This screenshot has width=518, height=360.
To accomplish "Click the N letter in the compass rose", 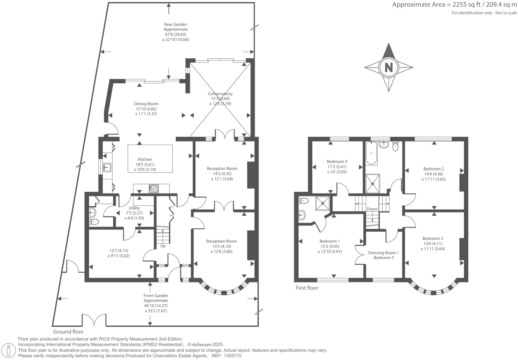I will click(x=389, y=67).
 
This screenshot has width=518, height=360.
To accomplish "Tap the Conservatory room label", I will click(x=220, y=94).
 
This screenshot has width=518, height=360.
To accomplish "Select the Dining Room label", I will click(x=146, y=104).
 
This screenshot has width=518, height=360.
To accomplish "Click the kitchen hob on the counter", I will click(x=154, y=189).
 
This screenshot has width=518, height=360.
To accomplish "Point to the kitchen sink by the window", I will click(x=107, y=167).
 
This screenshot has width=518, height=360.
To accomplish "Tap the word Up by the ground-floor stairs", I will click(x=163, y=246).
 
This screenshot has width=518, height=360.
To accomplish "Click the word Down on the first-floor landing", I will click(x=372, y=209).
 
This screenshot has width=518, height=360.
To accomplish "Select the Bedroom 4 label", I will click(x=337, y=161).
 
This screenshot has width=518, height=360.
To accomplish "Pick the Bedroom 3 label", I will click(x=433, y=238).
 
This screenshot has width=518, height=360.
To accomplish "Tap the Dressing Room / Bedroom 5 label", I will click(x=383, y=255).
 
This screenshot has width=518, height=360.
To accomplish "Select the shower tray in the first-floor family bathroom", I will click(x=373, y=183).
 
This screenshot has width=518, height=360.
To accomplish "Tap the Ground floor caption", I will click(x=68, y=332).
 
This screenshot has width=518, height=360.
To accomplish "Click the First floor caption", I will click(x=307, y=288).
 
